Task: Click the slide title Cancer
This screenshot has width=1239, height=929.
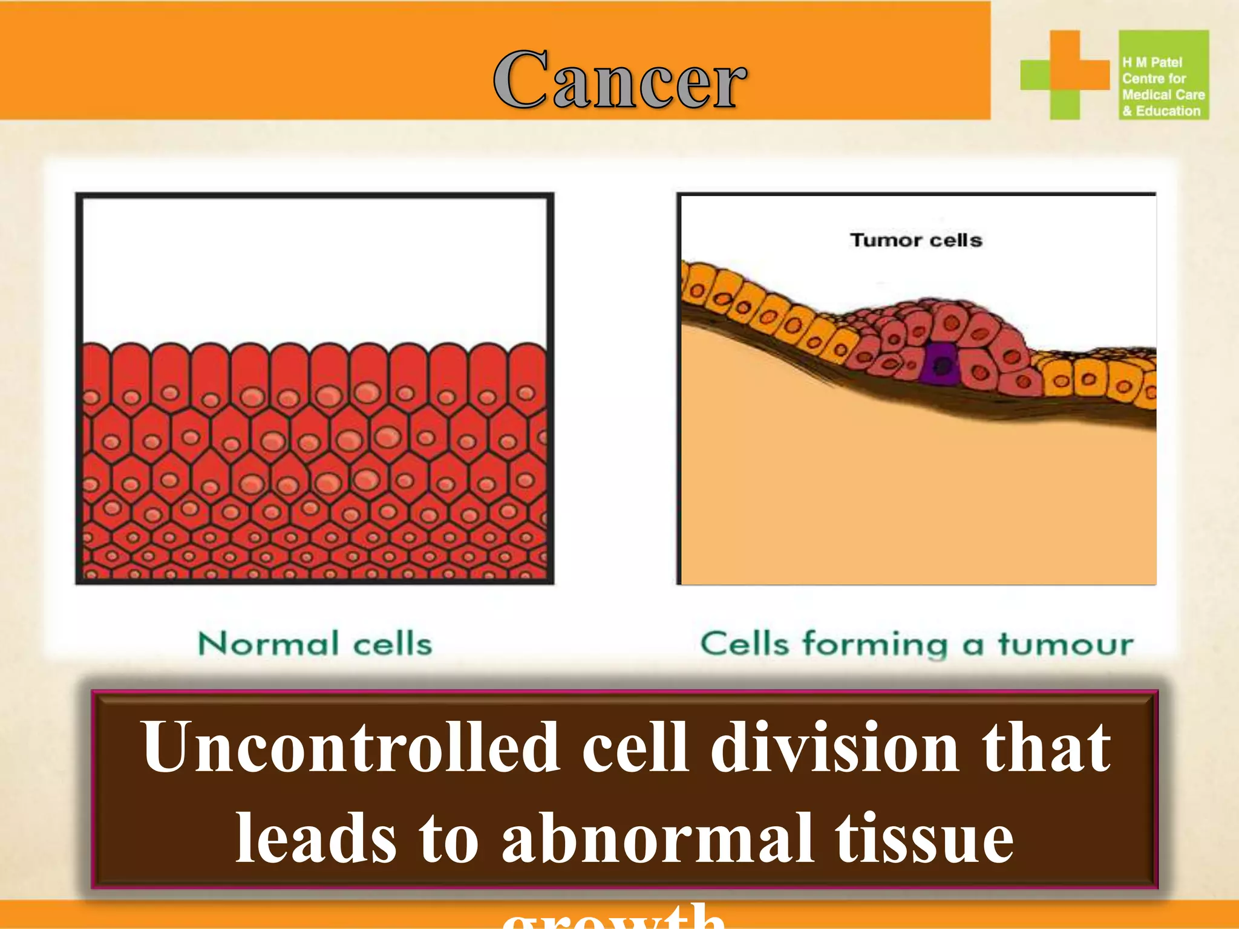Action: [x=620, y=80]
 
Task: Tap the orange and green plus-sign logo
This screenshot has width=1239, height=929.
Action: [x=1065, y=74]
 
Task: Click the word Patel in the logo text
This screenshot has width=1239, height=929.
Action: [x=1166, y=62]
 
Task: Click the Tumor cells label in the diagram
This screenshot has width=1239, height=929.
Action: [x=916, y=240]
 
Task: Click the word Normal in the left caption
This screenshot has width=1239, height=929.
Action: [x=268, y=644]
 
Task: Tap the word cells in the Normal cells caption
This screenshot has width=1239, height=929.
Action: [x=393, y=644]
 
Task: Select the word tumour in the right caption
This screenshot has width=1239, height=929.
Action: [x=1065, y=644]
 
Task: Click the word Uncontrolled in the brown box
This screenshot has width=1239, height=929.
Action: [x=350, y=748]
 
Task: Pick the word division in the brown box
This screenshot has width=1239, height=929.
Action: [x=835, y=748]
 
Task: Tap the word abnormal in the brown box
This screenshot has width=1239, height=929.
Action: [x=657, y=838]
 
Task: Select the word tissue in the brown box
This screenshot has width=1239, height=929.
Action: [x=924, y=838]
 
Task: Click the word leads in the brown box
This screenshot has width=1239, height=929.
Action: [x=316, y=838]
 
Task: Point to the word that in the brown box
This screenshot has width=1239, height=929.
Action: [x=1046, y=748]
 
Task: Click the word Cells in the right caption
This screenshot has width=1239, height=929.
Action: [x=745, y=644]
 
